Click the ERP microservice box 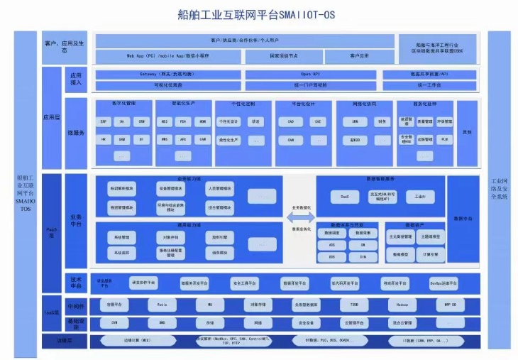coord(104,121)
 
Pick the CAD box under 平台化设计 coord(291,121)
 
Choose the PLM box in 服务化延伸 coord(445,140)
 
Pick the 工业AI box coord(419,195)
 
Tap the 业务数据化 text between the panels coord(301,208)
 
